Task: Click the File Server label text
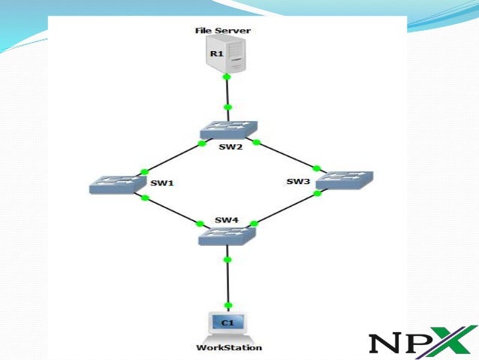pos(226,31)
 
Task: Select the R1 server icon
pos(227,55)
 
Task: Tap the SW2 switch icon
pos(227,130)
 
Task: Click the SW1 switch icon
pos(115,184)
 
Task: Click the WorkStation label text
pos(229,347)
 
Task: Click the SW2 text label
pos(230,147)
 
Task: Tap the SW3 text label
pos(298,181)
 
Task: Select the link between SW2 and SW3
pos(287,155)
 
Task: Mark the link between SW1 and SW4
pos(173,210)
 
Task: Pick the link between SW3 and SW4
pos(285,208)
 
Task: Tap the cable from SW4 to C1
pos(227,282)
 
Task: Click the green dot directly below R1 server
pos(227,77)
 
